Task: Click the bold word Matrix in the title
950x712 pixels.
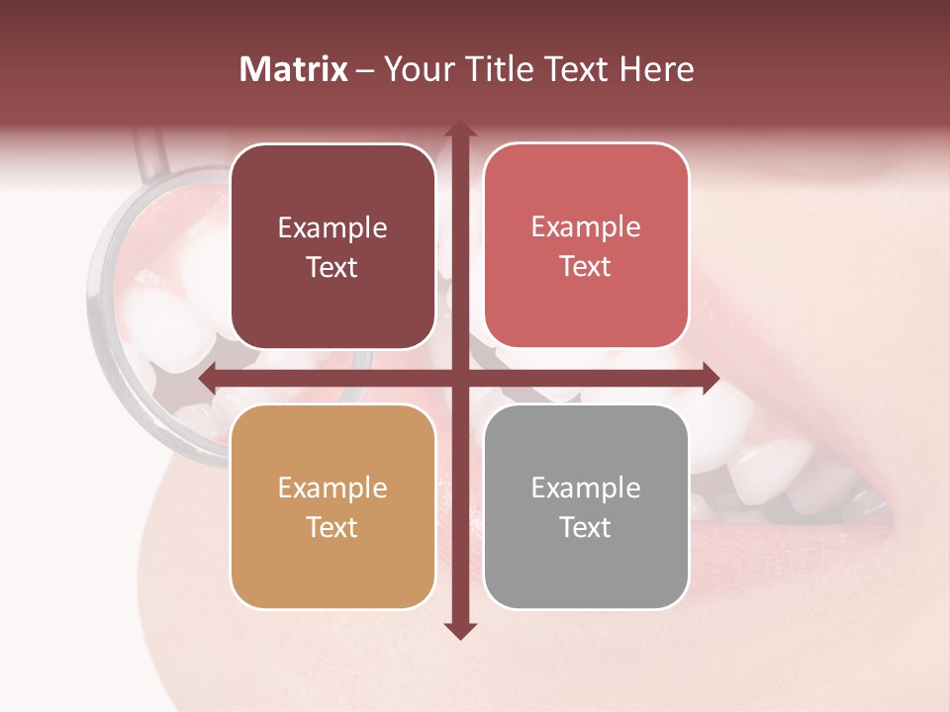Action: tap(294, 69)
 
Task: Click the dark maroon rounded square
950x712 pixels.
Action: tap(332, 246)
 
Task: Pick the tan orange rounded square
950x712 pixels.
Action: tap(332, 506)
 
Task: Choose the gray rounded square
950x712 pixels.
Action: tap(586, 506)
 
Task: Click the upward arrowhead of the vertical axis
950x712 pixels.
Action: tap(459, 129)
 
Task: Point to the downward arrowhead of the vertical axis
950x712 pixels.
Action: tap(459, 630)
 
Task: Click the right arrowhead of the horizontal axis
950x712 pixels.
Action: tap(710, 378)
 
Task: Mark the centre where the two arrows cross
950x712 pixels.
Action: tap(459, 378)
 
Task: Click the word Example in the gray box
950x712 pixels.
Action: tap(586, 488)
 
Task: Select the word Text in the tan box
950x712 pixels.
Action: tap(332, 527)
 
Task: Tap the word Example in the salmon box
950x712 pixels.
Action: tap(586, 226)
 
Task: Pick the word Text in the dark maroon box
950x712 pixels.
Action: tap(332, 267)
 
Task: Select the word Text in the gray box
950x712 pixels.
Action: tap(586, 527)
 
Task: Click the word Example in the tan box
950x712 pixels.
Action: tap(332, 488)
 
